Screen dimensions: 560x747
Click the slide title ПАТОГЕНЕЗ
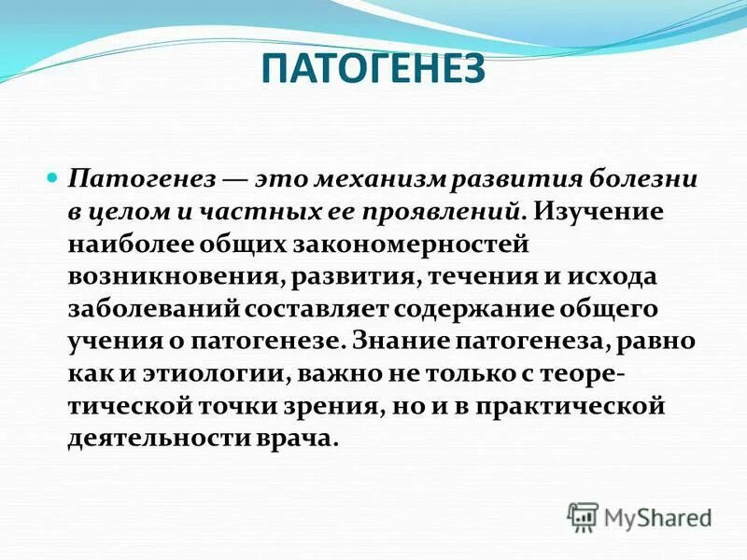point(373,71)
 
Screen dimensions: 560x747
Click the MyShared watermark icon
point(583,515)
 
